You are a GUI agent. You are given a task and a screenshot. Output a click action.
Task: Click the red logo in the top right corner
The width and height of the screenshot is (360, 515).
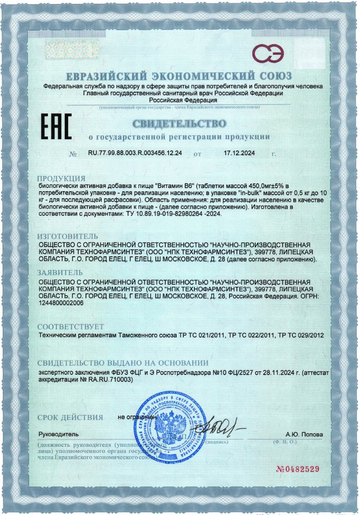click(x=268, y=53)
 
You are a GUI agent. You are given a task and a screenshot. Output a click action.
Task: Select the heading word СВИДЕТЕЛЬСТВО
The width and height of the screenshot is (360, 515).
click(x=180, y=124)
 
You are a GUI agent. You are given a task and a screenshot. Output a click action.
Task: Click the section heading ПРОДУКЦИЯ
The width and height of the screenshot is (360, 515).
click(x=61, y=178)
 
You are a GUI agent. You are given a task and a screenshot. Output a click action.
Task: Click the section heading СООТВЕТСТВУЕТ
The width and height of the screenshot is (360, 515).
click(x=70, y=326)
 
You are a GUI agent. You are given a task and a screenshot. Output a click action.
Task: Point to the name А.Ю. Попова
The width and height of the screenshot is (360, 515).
click(x=304, y=434)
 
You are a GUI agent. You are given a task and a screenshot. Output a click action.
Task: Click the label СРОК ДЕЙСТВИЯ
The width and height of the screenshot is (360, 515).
click(x=70, y=417)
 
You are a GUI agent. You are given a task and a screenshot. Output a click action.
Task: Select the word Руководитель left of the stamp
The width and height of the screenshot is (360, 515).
click(x=58, y=434)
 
